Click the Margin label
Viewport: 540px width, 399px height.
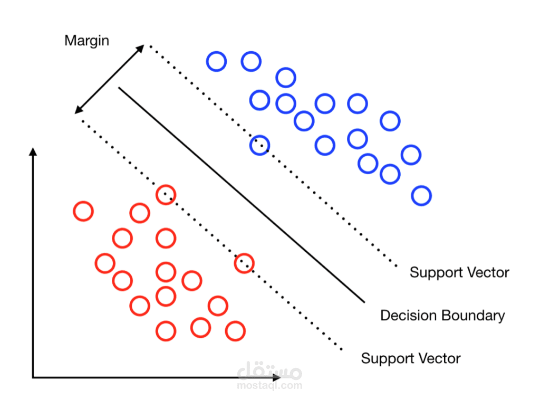click(x=86, y=41)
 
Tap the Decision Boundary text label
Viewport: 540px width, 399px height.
click(x=442, y=316)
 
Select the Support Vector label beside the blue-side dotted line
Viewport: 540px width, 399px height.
click(x=459, y=273)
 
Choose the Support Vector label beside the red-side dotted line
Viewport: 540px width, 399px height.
click(x=410, y=359)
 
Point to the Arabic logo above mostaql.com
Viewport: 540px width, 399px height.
click(x=270, y=371)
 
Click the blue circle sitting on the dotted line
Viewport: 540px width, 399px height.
click(x=259, y=145)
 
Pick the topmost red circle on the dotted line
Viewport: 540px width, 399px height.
click(x=166, y=194)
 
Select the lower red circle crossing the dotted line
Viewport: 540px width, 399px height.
click(x=244, y=262)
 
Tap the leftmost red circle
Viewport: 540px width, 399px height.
click(x=83, y=211)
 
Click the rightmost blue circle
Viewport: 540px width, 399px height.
click(x=421, y=196)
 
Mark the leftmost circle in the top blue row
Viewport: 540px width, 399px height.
click(x=216, y=62)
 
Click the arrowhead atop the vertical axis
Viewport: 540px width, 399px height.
click(x=33, y=152)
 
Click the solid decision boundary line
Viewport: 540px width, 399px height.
click(x=241, y=195)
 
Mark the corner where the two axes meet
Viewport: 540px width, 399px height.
click(x=33, y=377)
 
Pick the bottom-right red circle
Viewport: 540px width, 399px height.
click(x=235, y=331)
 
